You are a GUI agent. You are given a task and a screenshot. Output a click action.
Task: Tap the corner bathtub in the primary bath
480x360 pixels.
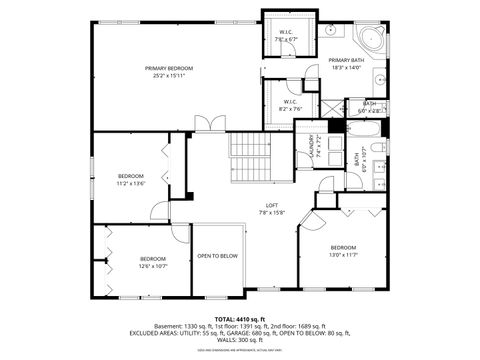click(373, 41)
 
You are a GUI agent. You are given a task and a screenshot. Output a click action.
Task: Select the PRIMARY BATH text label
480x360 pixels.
click(347, 61)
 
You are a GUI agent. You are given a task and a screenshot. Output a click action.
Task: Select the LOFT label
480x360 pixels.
click(272, 205)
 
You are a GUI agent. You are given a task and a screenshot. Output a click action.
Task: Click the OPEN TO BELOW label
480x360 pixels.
click(217, 256)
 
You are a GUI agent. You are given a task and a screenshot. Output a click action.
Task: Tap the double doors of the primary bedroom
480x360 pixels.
click(209, 124)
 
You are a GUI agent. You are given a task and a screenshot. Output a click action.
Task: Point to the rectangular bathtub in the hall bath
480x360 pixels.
click(355, 131)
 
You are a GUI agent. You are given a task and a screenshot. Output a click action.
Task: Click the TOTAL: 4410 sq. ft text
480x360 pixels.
click(239, 318)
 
